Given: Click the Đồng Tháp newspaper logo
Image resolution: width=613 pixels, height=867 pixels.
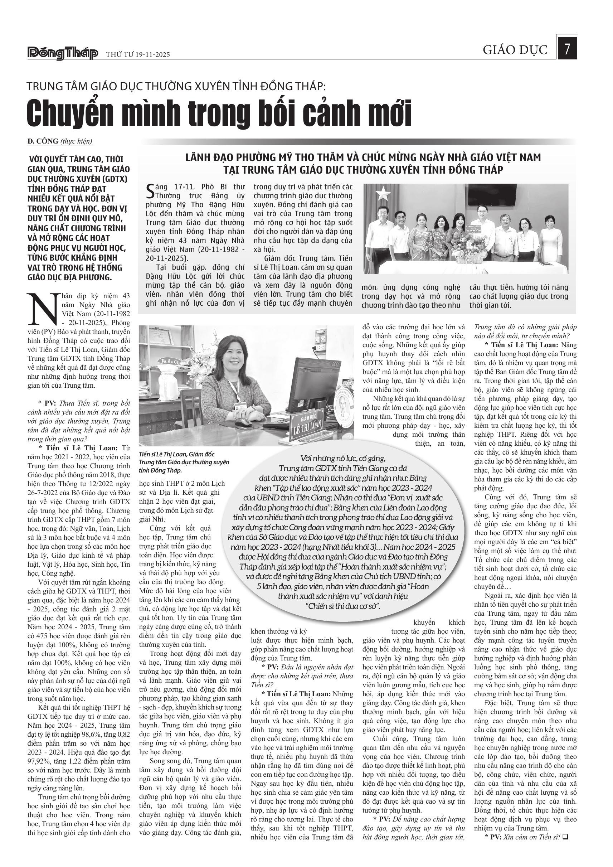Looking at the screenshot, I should (x=63, y=54).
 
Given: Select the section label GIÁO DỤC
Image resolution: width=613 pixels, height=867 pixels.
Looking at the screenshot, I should (x=515, y=50).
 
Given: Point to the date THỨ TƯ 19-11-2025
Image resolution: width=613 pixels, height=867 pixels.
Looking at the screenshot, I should (x=138, y=55).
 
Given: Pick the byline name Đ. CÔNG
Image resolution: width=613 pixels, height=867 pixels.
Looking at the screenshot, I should (x=43, y=141).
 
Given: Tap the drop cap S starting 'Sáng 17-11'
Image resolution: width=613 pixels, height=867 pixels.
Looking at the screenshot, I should (x=150, y=191).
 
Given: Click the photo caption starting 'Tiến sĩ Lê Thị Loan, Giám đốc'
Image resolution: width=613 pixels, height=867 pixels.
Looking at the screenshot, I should (x=184, y=462).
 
